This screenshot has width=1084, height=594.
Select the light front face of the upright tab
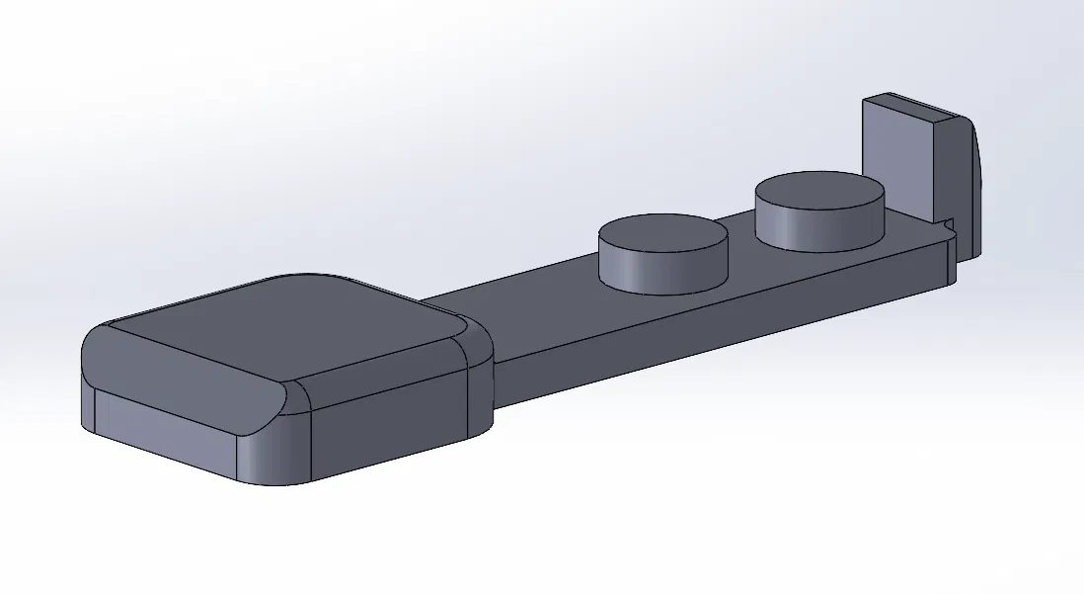[x=896, y=158]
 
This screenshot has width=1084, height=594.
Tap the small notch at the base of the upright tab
[x=949, y=226]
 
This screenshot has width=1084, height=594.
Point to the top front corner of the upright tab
[x=865, y=100]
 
